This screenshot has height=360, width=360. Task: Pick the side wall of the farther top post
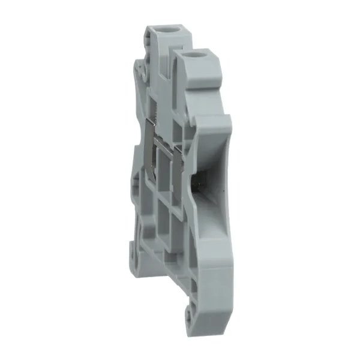(157, 54)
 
